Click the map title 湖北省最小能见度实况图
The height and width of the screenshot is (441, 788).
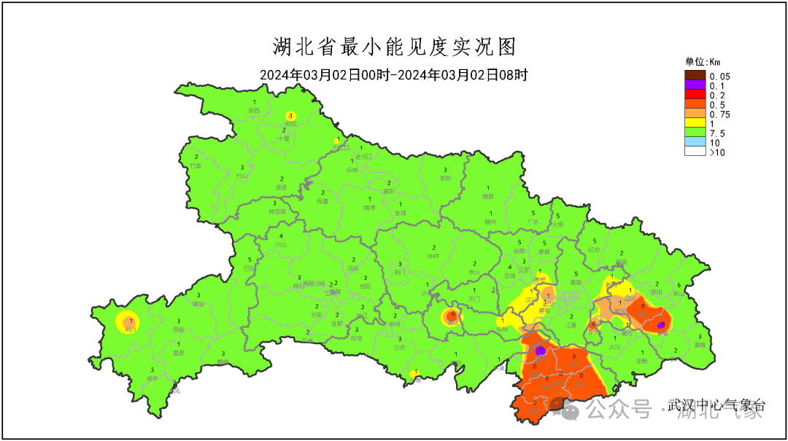tap(394, 47)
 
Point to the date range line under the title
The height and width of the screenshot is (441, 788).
tap(394, 74)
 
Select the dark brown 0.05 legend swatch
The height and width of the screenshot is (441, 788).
tap(695, 76)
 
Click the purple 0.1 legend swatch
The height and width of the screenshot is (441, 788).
tap(695, 85)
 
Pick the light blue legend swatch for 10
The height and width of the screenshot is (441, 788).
tap(695, 142)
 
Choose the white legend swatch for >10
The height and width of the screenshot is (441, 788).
tap(695, 152)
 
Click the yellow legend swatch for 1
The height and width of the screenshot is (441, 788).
tap(695, 123)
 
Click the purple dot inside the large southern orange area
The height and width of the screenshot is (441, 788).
tap(541, 351)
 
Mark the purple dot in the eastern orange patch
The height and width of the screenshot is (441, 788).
tap(660, 325)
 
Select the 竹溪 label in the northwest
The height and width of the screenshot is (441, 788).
tap(196, 166)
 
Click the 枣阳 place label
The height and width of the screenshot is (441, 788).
tap(445, 178)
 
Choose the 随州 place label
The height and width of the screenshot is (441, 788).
tap(490, 222)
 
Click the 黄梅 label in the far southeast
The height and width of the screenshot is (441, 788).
tap(700, 345)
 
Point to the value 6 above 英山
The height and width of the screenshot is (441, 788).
tap(679, 285)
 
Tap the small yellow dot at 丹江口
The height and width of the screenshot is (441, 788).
tap(337, 141)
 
